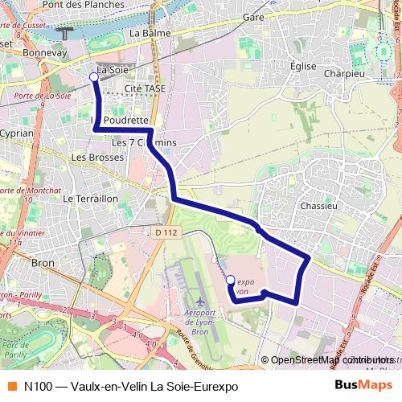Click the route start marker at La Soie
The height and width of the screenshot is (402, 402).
[x=94, y=77]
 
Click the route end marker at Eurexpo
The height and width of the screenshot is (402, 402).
[x=230, y=280]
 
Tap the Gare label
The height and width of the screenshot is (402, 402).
[x=253, y=17]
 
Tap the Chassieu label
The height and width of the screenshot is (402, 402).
[x=318, y=206]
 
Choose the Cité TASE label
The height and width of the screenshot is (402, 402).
[x=145, y=88]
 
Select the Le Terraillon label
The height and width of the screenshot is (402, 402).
[x=90, y=198]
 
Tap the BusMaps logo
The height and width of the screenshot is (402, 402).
[x=364, y=386]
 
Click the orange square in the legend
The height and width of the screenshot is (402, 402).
[x=10, y=386]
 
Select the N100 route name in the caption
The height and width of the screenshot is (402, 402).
[x=38, y=386]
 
